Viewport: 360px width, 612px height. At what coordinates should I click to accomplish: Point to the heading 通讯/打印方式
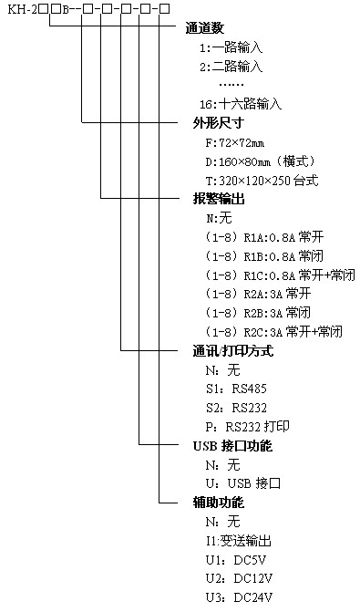tap(232, 350)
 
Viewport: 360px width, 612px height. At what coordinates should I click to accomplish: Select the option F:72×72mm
tap(235, 143)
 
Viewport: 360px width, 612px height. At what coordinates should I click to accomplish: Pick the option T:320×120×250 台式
tap(262, 181)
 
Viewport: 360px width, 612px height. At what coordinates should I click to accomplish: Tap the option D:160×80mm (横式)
tap(255, 161)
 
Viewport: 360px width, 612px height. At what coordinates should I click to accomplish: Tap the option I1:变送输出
tap(239, 540)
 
